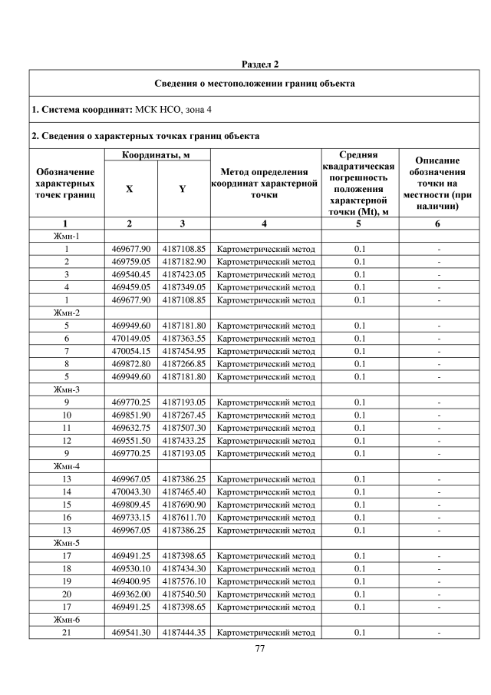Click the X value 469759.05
tap(130, 262)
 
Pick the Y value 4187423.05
tap(184, 274)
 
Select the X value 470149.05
tap(130, 339)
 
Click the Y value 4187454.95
tap(184, 351)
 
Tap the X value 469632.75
tap(130, 428)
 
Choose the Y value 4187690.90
tap(184, 505)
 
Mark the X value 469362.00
tap(130, 594)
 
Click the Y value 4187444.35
tap(184, 633)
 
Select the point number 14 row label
tap(67, 492)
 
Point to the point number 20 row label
tap(67, 594)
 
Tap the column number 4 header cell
tap(265, 223)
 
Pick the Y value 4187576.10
tap(184, 581)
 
